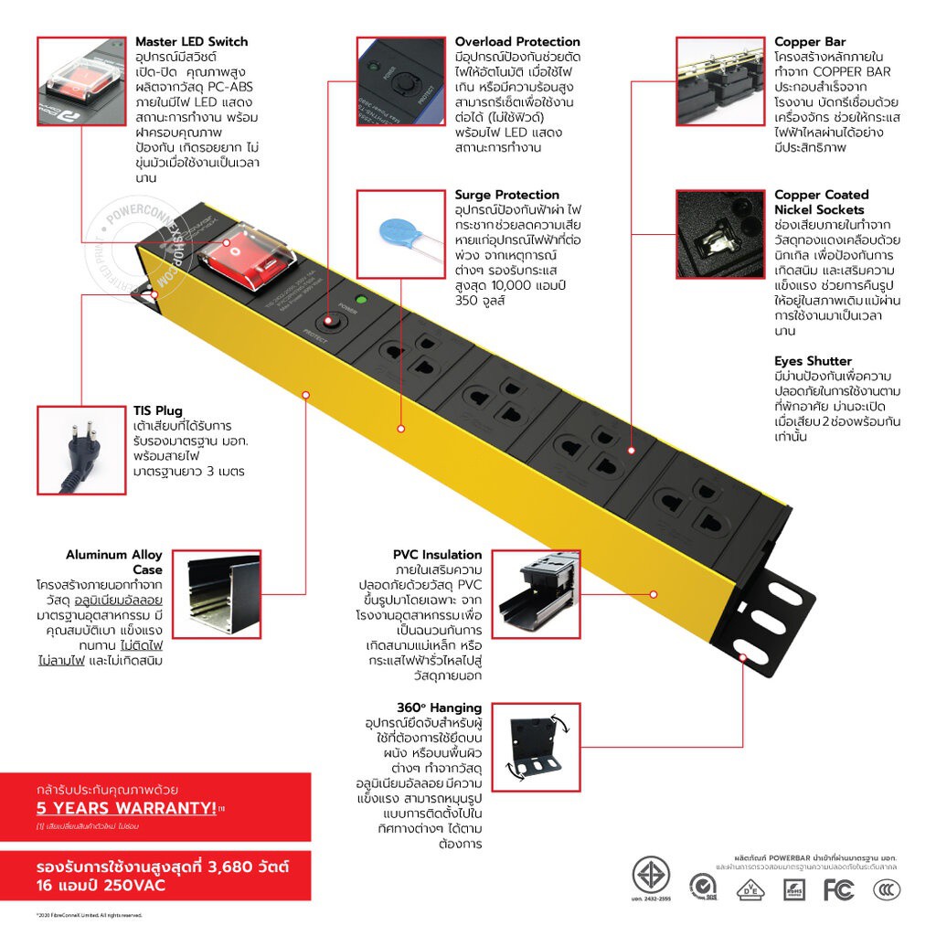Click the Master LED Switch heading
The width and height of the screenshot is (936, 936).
pos(191,42)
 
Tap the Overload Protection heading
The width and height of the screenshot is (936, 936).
pos(517,42)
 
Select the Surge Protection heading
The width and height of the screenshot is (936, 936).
pos(506,195)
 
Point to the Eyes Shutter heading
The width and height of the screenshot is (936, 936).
pos(813,361)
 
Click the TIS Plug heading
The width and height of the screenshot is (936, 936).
pos(157,410)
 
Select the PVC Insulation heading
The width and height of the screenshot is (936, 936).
pos(437,555)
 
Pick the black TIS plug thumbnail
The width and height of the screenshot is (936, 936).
pos(80,450)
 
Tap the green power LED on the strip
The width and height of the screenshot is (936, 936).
pos(360,300)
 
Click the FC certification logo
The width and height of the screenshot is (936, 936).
pos(837,888)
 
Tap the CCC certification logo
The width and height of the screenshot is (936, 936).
pos(885,888)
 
